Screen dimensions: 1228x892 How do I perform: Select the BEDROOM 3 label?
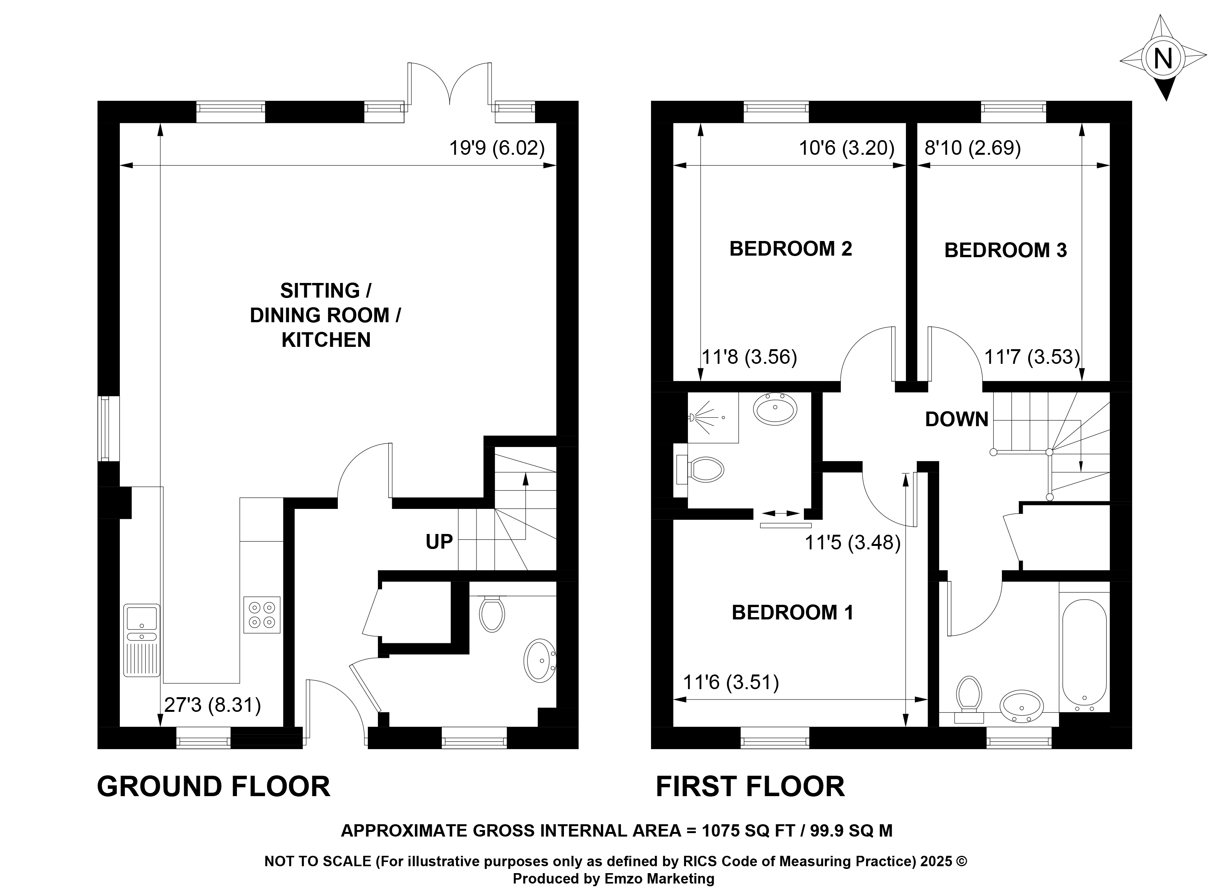tap(1005, 251)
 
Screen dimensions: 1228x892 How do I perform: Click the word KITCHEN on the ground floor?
tap(326, 340)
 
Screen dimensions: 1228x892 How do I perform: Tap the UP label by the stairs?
tap(439, 542)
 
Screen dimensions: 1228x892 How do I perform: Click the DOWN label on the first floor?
tap(957, 420)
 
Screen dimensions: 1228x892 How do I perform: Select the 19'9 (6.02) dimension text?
tap(497, 148)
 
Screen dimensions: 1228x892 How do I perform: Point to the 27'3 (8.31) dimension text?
tap(212, 705)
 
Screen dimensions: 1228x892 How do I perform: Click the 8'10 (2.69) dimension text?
tap(973, 148)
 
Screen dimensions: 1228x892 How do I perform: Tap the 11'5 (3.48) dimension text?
tap(852, 542)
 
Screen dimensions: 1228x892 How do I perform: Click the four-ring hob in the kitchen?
tap(262, 615)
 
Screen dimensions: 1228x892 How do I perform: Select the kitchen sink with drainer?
tap(141, 640)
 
